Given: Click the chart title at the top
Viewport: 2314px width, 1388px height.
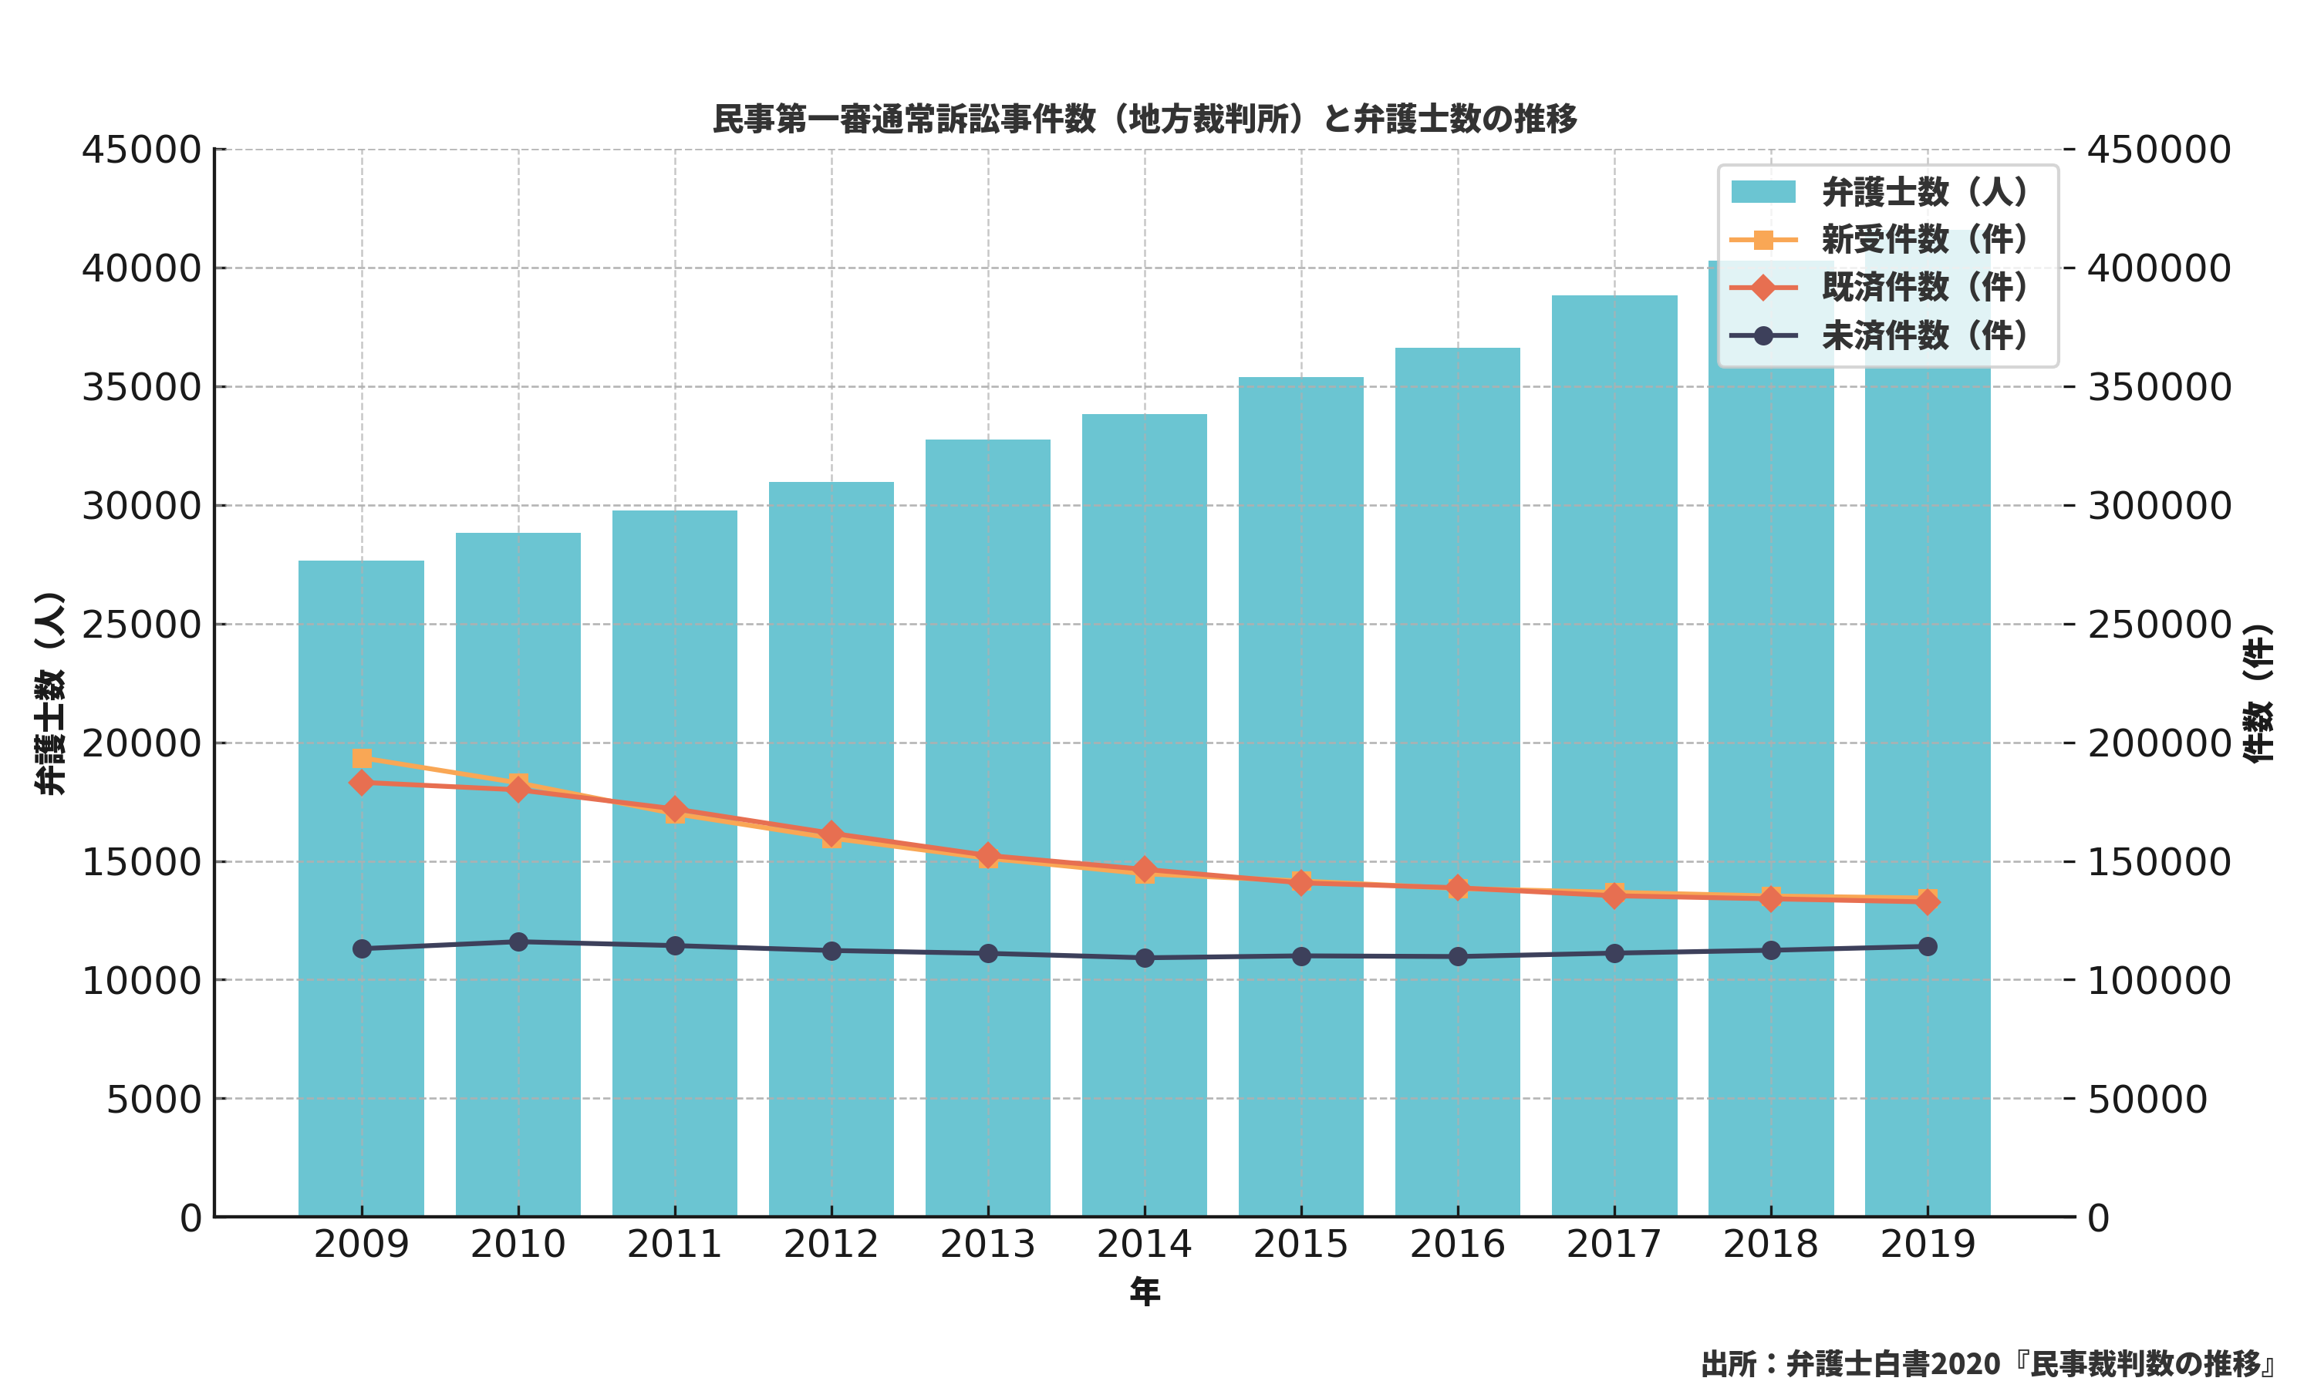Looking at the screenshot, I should pyautogui.click(x=1145, y=119).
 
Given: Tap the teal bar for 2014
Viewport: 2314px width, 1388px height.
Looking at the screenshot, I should pyautogui.click(x=1144, y=1029).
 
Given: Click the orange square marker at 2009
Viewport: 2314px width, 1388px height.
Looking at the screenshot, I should pyautogui.click(x=362, y=759).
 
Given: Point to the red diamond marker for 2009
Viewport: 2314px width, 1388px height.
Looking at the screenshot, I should pyautogui.click(x=362, y=783).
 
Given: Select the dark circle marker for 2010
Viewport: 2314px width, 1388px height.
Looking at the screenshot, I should pyautogui.click(x=518, y=942).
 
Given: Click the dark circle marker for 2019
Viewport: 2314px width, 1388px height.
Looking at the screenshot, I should pyautogui.click(x=1927, y=946).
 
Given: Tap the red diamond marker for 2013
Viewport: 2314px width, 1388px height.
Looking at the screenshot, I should pyautogui.click(x=988, y=855).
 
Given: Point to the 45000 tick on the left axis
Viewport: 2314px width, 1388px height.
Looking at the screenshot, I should pyautogui.click(x=141, y=150).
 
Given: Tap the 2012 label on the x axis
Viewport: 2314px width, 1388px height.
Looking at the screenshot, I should pyautogui.click(x=831, y=1245).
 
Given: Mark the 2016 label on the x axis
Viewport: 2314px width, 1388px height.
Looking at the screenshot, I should pyautogui.click(x=1457, y=1245).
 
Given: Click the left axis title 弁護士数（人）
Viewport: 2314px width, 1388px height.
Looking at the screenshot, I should pyautogui.click(x=49, y=693).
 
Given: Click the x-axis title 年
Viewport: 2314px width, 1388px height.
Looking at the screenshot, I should pyautogui.click(x=1145, y=1292).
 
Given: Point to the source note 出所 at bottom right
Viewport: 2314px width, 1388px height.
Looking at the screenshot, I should pyautogui.click(x=1987, y=1363).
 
